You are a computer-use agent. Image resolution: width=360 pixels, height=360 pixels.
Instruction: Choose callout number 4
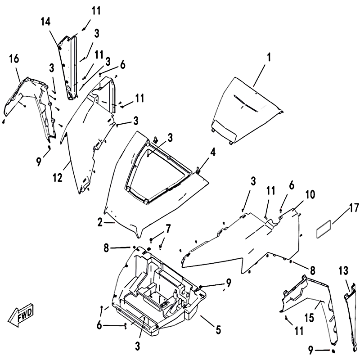coord(212,153)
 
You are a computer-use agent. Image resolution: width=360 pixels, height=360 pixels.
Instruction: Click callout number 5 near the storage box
coord(218,329)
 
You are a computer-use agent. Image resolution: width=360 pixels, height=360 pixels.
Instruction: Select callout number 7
coord(168,229)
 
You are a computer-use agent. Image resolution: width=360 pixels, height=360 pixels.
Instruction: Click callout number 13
coord(343,270)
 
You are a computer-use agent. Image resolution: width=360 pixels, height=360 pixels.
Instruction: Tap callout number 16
coord(13,59)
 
